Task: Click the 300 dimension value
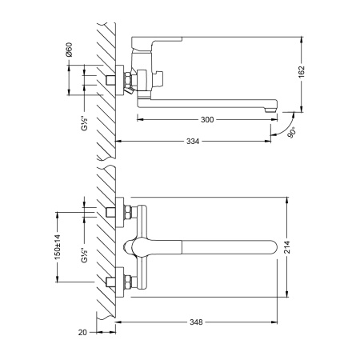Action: pos(207,118)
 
